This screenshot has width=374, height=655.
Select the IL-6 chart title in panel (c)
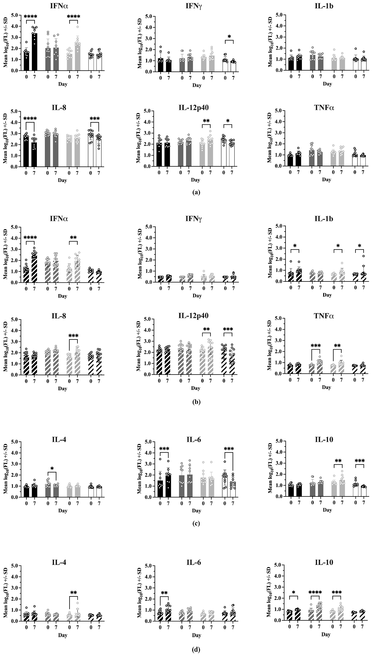(194, 440)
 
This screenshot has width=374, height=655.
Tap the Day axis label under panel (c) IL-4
(62, 511)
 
